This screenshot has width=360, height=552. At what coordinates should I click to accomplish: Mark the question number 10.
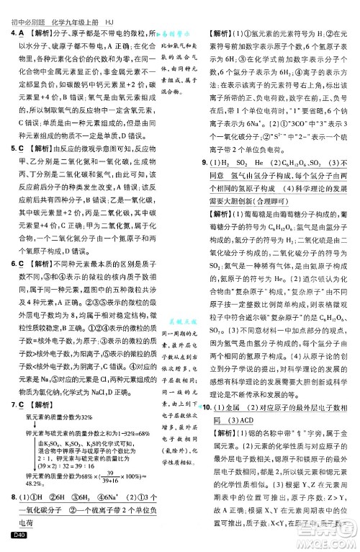point(210,409)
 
